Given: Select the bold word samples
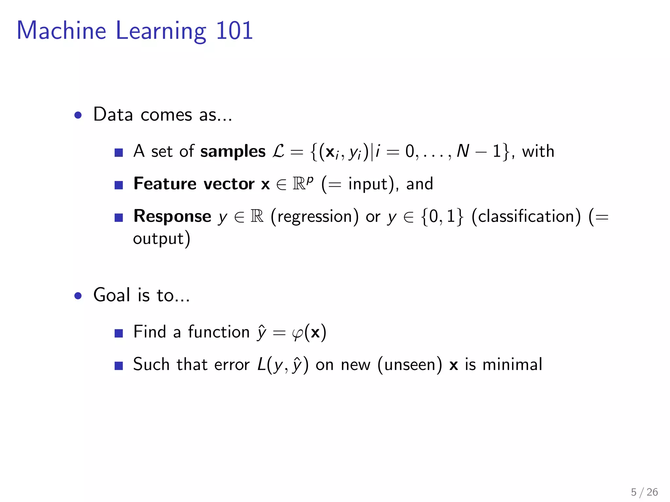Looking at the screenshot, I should (x=233, y=152).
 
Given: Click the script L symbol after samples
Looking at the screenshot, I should (x=278, y=152).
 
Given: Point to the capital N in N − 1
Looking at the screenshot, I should (x=463, y=152).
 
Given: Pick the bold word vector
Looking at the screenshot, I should (x=229, y=184).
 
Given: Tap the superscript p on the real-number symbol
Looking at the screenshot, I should (x=310, y=179).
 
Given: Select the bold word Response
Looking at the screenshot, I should (x=172, y=216).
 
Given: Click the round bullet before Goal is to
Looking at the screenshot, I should (x=78, y=296).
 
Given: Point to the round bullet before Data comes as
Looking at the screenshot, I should (x=78, y=115).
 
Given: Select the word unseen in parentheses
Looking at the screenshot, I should (x=410, y=365).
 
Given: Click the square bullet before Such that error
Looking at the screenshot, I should (x=119, y=365).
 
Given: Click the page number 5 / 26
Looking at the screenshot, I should (x=644, y=492).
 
